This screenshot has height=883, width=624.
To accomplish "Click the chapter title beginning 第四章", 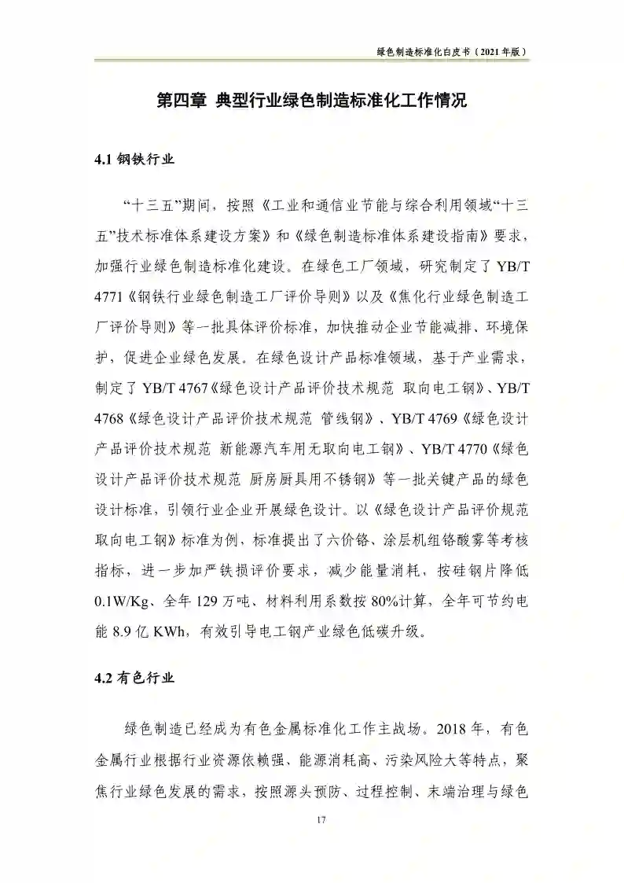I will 312,101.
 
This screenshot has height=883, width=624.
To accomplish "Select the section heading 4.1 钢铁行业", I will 134,160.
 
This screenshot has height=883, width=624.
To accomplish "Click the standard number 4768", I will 110,418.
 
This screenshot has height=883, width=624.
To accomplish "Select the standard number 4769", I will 453,418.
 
